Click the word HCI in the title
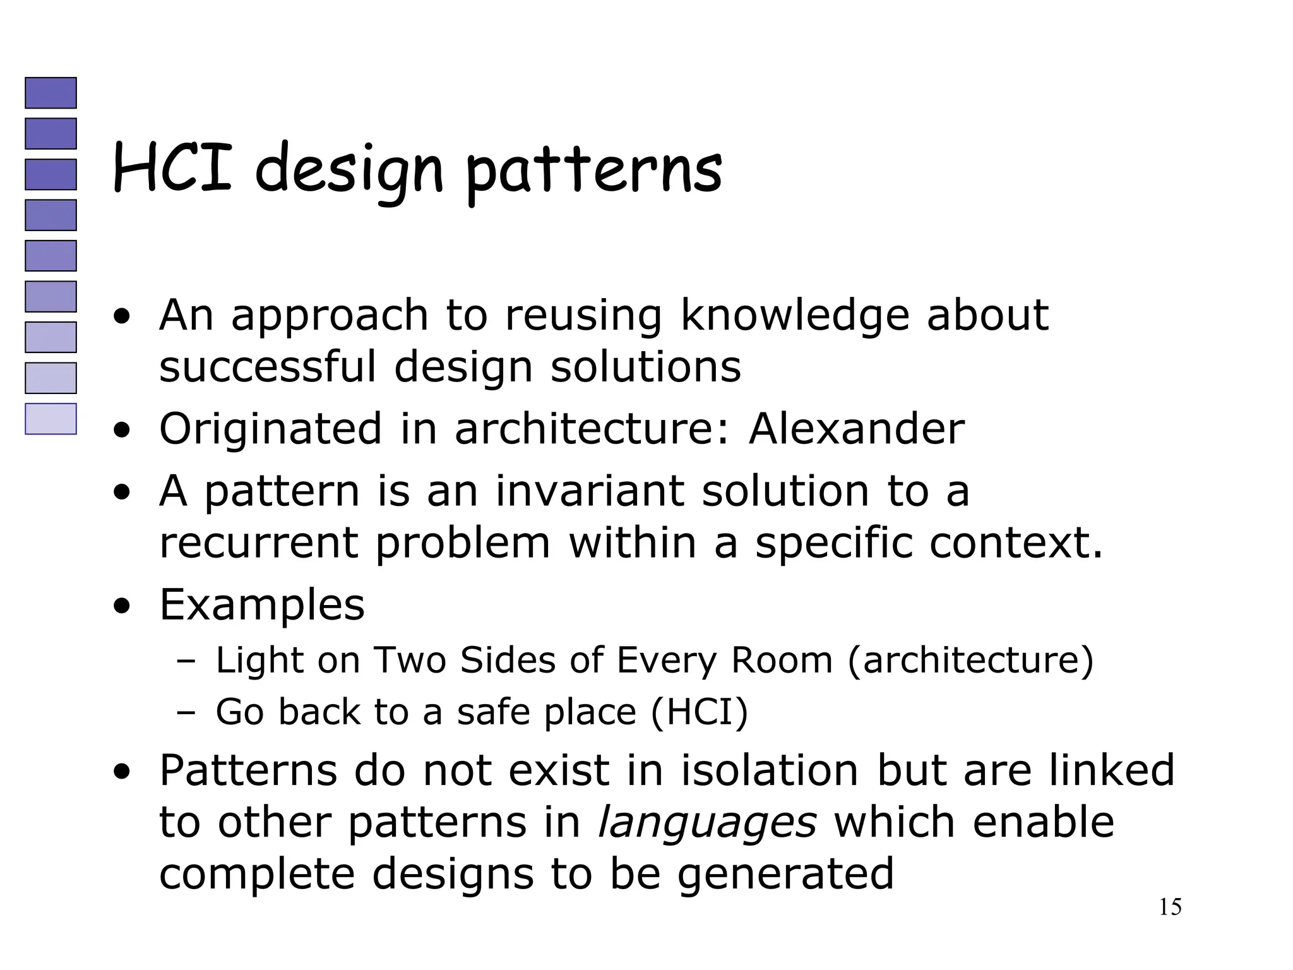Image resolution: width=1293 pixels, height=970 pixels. click(x=172, y=168)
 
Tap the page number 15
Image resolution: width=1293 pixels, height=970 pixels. click(x=1170, y=907)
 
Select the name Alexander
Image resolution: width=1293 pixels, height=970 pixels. click(x=857, y=429)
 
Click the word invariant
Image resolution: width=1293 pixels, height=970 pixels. click(x=589, y=491)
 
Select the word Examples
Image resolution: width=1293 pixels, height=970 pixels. click(x=262, y=605)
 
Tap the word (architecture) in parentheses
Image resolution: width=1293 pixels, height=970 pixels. click(x=970, y=661)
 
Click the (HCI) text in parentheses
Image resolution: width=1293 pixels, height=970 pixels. click(x=699, y=712)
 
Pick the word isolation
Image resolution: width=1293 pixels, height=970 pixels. click(x=770, y=770)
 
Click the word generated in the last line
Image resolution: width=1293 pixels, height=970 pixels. click(x=785, y=874)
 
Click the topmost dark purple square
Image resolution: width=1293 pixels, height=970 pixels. click(x=51, y=93)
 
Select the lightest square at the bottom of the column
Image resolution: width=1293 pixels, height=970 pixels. click(x=51, y=419)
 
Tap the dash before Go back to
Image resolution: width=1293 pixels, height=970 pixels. click(x=187, y=713)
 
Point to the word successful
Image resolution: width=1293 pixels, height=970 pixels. click(x=268, y=367)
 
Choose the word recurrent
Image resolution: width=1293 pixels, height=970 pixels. click(x=258, y=543)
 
